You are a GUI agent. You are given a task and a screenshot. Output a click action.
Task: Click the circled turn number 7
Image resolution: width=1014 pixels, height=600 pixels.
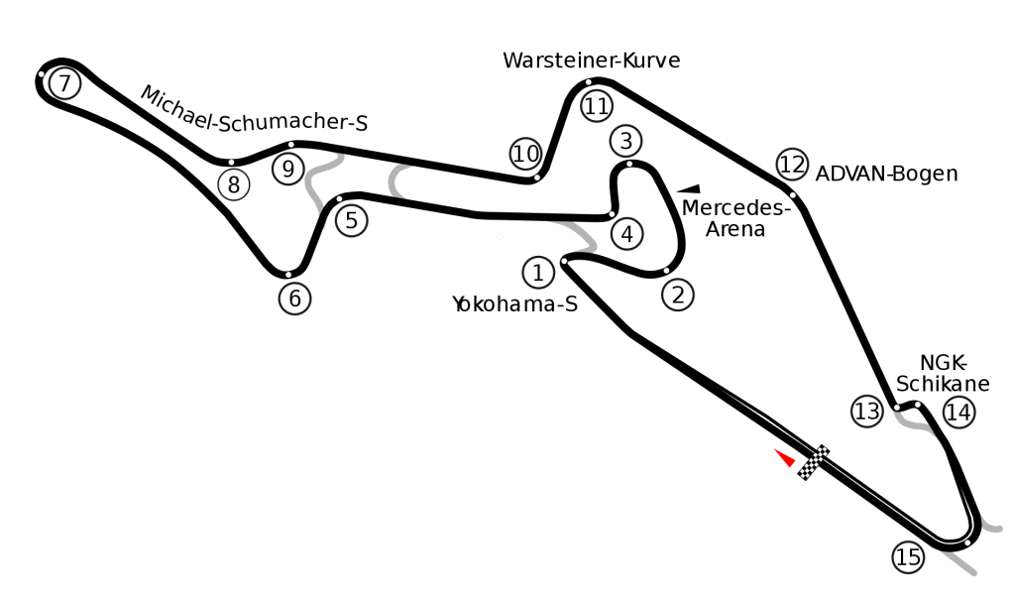pyautogui.click(x=64, y=84)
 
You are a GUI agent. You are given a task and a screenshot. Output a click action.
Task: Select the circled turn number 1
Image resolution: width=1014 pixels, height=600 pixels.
pyautogui.click(x=537, y=272)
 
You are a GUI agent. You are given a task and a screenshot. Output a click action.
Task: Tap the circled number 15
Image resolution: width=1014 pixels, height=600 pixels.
pyautogui.click(x=908, y=557)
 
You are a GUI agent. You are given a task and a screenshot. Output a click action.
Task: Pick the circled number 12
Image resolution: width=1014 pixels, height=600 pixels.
pyautogui.click(x=791, y=164)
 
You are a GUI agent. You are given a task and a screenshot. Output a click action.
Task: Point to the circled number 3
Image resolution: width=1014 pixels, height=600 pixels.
pyautogui.click(x=626, y=139)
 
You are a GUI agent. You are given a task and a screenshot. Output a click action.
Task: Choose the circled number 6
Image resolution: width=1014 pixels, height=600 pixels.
pyautogui.click(x=294, y=298)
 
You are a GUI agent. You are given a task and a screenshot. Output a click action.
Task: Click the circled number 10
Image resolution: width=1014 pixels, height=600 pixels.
pyautogui.click(x=525, y=154)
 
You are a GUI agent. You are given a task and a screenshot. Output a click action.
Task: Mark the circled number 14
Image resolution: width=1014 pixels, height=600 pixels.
pyautogui.click(x=958, y=412)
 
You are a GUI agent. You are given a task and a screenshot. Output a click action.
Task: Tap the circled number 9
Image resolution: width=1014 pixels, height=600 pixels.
pyautogui.click(x=287, y=170)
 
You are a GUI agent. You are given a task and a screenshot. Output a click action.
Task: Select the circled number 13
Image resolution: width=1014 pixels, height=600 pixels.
pyautogui.click(x=867, y=412)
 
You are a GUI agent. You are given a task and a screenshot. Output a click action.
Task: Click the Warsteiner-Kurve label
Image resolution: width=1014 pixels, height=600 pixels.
pyautogui.click(x=591, y=60)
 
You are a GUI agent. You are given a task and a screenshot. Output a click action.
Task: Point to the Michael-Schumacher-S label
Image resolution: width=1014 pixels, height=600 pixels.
pyautogui.click(x=254, y=110)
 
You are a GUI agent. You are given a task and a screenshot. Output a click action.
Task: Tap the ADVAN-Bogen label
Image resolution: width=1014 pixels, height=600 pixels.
pyautogui.click(x=886, y=175)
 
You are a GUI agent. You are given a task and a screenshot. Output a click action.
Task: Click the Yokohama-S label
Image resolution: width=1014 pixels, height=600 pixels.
pyautogui.click(x=513, y=303)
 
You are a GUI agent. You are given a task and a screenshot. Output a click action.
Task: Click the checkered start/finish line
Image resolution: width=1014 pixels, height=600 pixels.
pyautogui.click(x=815, y=462)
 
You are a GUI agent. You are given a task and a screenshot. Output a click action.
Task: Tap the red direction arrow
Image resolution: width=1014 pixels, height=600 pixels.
pyautogui.click(x=785, y=457)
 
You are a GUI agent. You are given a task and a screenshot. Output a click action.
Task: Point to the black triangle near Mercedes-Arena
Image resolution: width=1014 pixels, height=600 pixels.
pyautogui.click(x=687, y=186)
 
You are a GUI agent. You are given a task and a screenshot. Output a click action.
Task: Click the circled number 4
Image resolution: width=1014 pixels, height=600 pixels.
pyautogui.click(x=626, y=235)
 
